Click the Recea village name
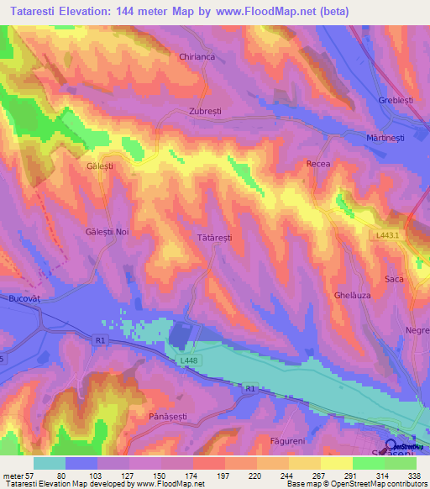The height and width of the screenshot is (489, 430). tap(318, 164)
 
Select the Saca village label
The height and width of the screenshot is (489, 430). tap(394, 279)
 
